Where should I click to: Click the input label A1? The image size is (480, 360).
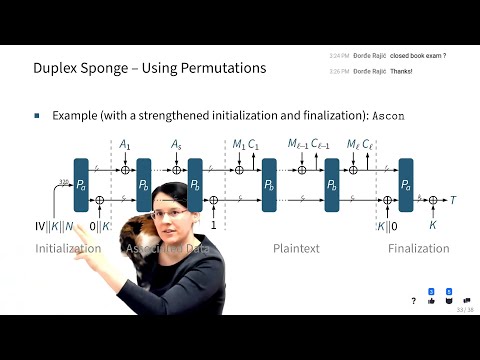124,146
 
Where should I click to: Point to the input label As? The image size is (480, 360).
176,146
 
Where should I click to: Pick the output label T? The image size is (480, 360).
453,200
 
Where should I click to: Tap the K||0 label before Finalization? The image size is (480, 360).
385,226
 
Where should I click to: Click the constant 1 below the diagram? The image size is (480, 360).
214,226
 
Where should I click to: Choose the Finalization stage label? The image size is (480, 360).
418,248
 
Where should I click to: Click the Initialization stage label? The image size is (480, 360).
69,248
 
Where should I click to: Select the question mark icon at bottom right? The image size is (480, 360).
414,300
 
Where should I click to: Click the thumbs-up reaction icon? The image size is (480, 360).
431,299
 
